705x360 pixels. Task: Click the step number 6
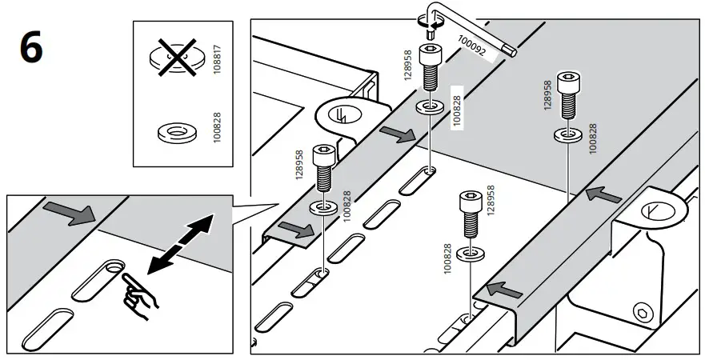(x=31, y=50)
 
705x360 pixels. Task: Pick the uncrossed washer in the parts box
(x=173, y=133)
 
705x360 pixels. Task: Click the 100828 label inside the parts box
(x=218, y=130)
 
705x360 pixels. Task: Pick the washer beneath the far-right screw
(x=568, y=133)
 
